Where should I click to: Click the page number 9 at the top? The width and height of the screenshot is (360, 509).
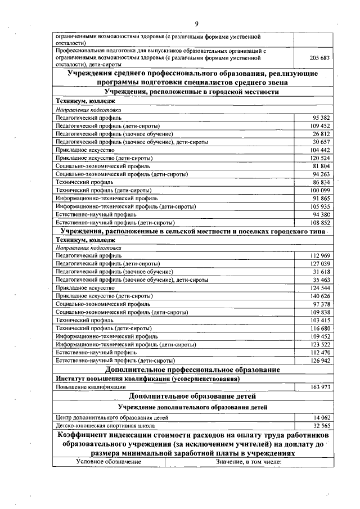pyautogui.click(x=196, y=23)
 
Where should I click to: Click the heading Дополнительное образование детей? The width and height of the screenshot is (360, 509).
pyautogui.click(x=192, y=396)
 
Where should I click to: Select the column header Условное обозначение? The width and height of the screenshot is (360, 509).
pyautogui.click(x=109, y=462)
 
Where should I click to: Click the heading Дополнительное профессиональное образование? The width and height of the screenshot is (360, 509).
pyautogui.click(x=192, y=370)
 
